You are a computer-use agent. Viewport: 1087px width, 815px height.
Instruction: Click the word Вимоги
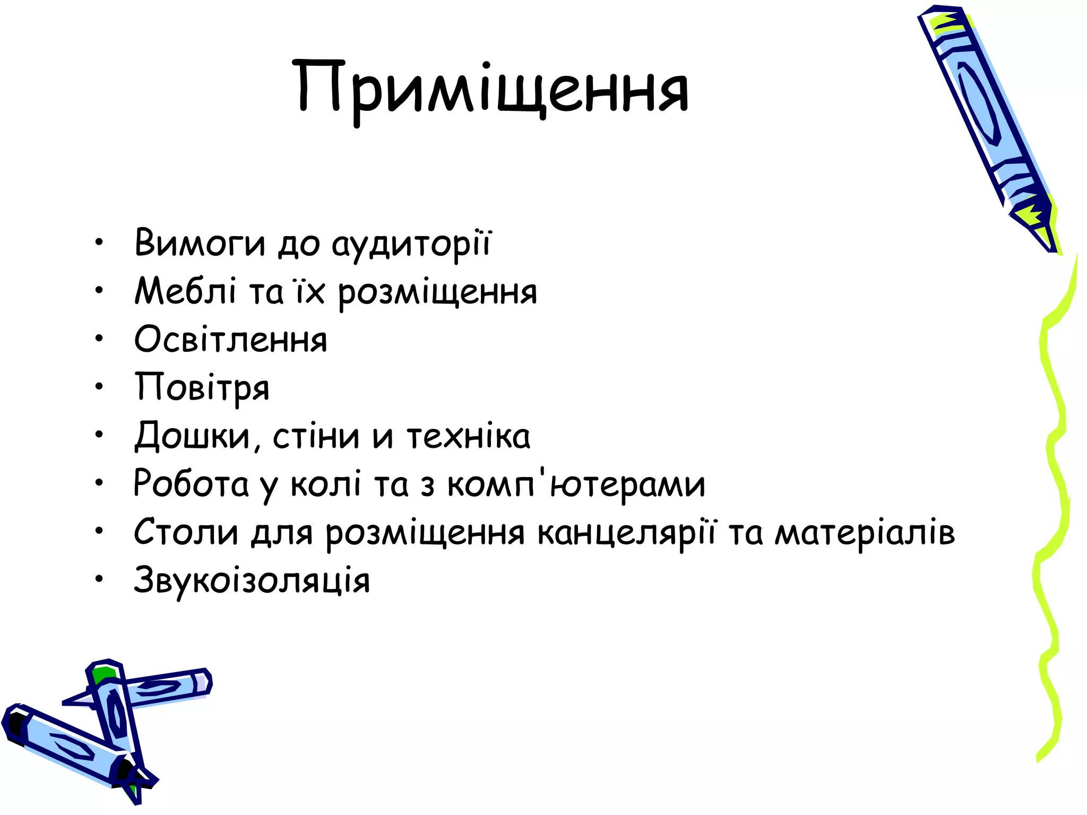point(200,243)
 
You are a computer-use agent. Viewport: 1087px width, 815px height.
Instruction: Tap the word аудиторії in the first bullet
point(412,244)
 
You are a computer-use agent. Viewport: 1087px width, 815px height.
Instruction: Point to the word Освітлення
point(231,340)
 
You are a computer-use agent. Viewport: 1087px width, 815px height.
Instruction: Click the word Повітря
point(202,388)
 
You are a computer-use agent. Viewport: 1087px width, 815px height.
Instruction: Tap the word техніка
point(469,436)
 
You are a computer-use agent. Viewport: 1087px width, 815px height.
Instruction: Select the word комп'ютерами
point(576,484)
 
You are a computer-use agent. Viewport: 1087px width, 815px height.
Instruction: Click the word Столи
point(186,532)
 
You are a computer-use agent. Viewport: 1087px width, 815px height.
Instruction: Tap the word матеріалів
point(865,532)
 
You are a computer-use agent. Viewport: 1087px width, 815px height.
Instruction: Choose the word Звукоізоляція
point(252,580)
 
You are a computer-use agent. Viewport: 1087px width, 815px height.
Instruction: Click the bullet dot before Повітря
point(99,387)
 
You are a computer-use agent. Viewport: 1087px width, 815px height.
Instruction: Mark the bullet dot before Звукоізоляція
point(99,580)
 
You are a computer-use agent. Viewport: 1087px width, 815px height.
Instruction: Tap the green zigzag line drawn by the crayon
point(1054,504)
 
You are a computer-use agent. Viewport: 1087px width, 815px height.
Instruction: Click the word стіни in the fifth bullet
point(316,436)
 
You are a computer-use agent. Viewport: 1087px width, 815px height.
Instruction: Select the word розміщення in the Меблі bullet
point(437,292)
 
